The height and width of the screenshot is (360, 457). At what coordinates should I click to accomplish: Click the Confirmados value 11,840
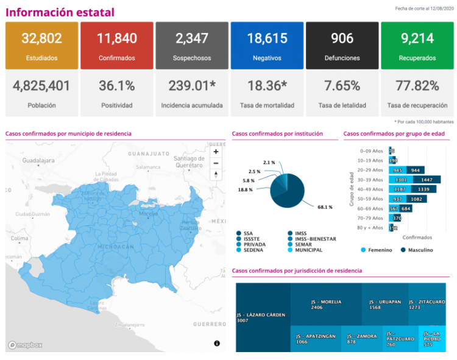pyautogui.click(x=117, y=38)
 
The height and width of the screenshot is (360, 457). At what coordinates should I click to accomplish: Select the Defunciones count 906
pyautogui.click(x=342, y=38)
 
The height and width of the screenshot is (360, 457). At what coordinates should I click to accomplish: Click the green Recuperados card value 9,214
pyautogui.click(x=417, y=38)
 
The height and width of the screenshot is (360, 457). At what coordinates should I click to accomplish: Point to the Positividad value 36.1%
pyautogui.click(x=117, y=86)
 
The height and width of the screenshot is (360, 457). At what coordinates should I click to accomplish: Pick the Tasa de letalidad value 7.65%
pyautogui.click(x=342, y=86)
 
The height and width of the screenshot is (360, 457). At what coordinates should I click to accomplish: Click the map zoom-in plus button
pyautogui.click(x=216, y=152)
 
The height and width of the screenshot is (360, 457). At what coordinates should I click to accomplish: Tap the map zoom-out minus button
pyautogui.click(x=216, y=163)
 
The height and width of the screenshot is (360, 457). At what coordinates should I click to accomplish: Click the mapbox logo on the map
pyautogui.click(x=26, y=345)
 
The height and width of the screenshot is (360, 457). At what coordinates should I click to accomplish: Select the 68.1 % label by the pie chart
pyautogui.click(x=325, y=207)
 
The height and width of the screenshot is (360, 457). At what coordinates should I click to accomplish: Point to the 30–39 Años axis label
pyautogui.click(x=371, y=180)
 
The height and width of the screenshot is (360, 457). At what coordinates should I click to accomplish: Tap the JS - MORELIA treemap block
pyautogui.click(x=325, y=305)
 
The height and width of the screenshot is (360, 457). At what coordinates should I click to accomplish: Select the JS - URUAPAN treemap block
pyautogui.click(x=384, y=305)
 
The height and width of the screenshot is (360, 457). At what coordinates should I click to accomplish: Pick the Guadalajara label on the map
pyautogui.click(x=38, y=160)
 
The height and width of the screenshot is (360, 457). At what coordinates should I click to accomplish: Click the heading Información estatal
pyautogui.click(x=60, y=12)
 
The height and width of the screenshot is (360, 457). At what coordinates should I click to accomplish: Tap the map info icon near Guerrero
pyautogui.click(x=217, y=344)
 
